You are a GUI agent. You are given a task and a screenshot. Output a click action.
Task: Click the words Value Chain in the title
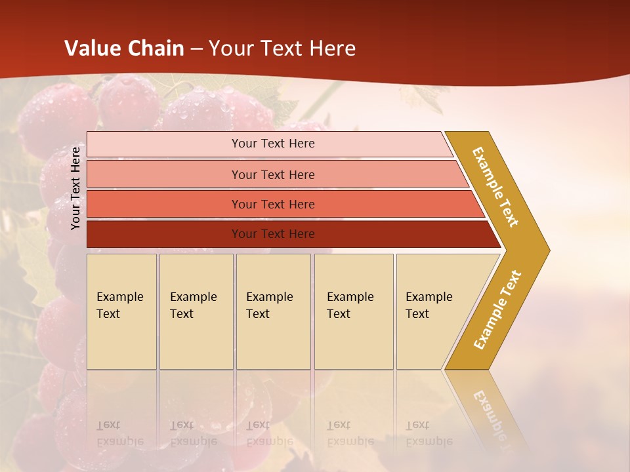coord(124,49)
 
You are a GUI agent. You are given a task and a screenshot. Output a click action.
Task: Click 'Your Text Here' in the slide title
coord(282,49)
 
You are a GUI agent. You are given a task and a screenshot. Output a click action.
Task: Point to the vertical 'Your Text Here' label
coord(75,188)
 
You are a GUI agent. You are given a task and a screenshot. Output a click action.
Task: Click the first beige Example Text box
coord(121,311)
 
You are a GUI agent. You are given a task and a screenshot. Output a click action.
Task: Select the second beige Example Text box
coord(196,311)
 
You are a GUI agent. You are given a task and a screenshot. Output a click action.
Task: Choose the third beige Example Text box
coord(272,311)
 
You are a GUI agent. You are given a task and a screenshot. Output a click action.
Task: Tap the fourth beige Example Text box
coord(353,311)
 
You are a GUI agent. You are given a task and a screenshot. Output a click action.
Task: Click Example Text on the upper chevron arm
coord(496,187)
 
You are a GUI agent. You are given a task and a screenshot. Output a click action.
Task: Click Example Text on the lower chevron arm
coord(497,309)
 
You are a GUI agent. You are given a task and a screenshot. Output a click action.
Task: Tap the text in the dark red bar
coord(273,234)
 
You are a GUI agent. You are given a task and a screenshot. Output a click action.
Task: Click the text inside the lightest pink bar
coord(273,144)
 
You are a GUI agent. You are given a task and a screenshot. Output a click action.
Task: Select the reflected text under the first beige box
coord(119,433)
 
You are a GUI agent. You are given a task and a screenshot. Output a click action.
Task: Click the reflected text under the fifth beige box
coord(428,433)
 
